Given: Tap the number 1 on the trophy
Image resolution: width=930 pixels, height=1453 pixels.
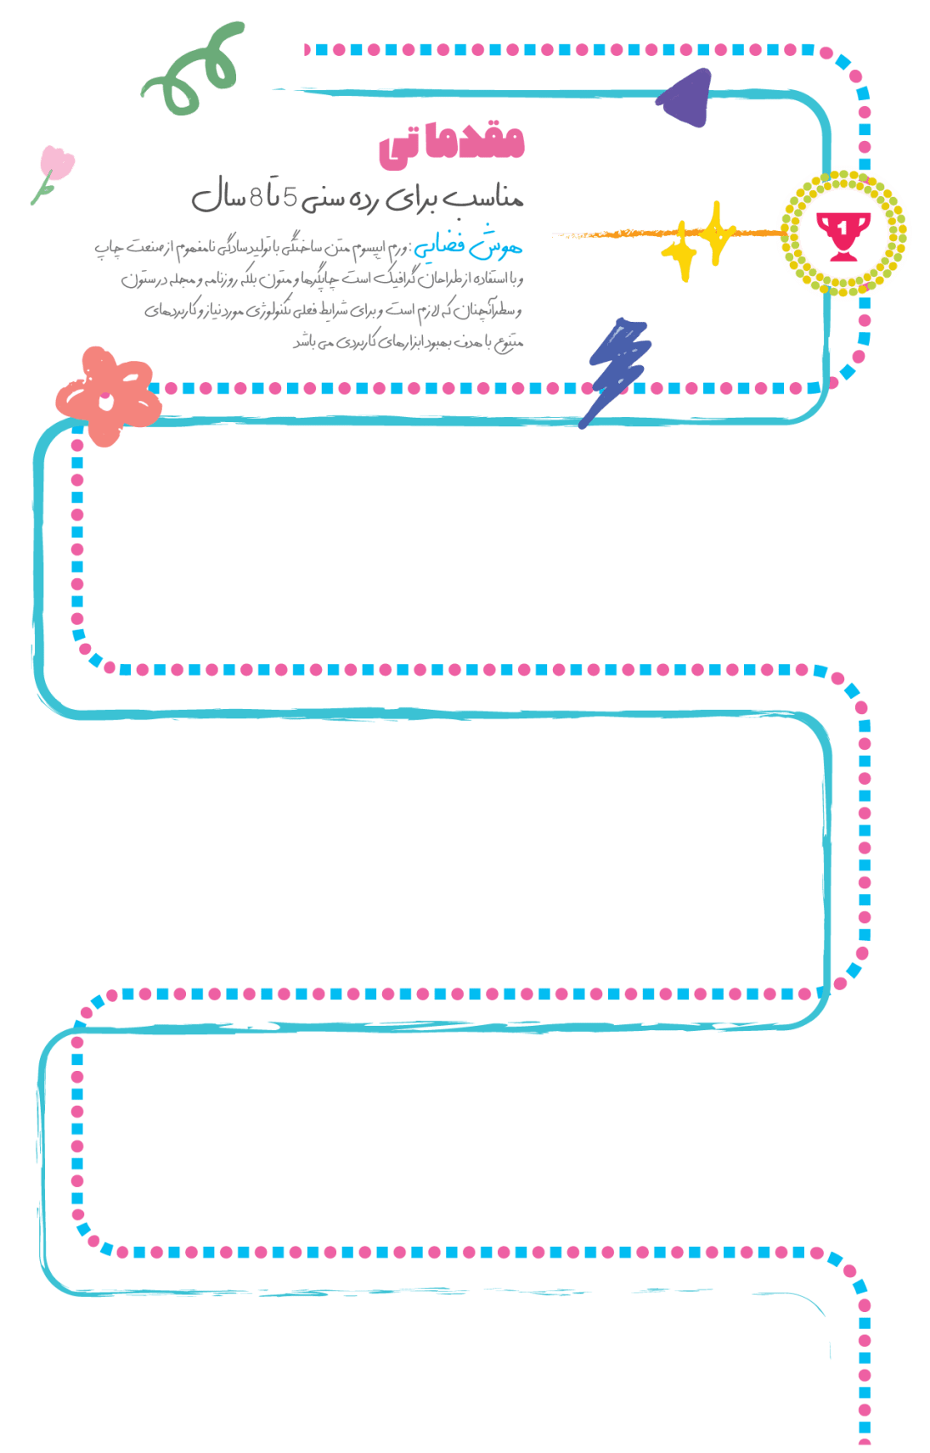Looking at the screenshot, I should [x=842, y=228].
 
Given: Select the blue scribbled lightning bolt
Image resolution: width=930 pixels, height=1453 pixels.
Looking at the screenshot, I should [x=617, y=369].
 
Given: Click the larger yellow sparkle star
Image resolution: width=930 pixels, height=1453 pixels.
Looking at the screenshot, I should [x=717, y=232].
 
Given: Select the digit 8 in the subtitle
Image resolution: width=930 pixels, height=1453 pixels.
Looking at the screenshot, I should [x=254, y=200].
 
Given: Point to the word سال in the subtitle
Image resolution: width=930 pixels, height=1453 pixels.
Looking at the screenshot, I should [x=217, y=200].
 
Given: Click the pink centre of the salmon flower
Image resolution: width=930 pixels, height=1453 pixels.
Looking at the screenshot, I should [x=105, y=397].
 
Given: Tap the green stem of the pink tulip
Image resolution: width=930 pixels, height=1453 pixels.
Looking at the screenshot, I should [x=41, y=192].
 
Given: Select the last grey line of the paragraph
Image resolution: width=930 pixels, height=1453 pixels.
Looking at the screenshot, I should [x=408, y=342].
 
